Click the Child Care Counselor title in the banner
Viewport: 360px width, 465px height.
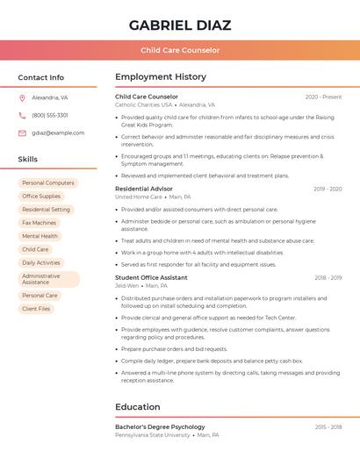click(180, 51)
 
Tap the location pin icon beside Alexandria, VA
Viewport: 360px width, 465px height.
click(22, 98)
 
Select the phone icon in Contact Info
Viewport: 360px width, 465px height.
click(22, 116)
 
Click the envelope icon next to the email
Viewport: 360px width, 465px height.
click(22, 133)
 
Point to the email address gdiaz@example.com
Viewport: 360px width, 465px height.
click(58, 133)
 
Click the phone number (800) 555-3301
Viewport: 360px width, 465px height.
click(50, 116)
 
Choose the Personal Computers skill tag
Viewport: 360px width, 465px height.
click(48, 183)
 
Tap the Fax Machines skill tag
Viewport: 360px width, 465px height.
click(39, 223)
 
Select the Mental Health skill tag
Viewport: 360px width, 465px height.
click(40, 236)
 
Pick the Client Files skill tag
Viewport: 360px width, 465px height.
click(36, 309)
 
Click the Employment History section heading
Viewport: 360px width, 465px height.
click(161, 77)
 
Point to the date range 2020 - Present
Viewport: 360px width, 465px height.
click(323, 97)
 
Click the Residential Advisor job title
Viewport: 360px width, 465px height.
click(144, 189)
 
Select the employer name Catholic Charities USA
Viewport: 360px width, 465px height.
click(144, 104)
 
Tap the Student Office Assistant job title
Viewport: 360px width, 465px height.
click(151, 277)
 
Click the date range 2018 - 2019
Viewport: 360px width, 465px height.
click(328, 278)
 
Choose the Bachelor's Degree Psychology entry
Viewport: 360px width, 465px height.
click(160, 427)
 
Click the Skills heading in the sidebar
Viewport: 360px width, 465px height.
click(28, 160)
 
